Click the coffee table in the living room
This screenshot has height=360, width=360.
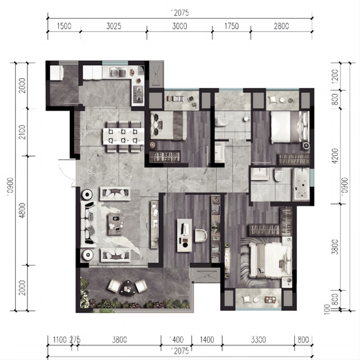tap(115, 224)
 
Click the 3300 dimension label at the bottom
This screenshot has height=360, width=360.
tap(257, 340)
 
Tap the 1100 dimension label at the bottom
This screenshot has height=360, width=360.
tap(58, 340)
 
